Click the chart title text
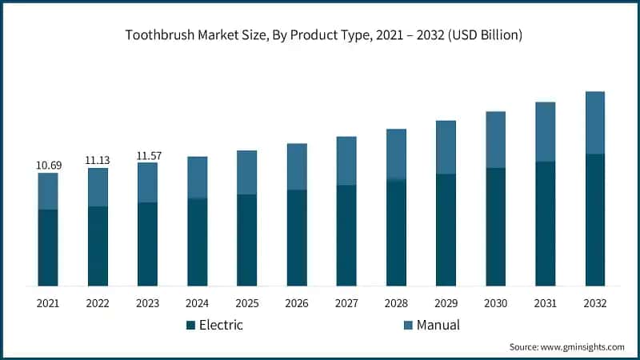pyautogui.click(x=319, y=34)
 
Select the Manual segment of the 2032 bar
pyautogui.click(x=594, y=122)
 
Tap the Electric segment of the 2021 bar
pyautogui.click(x=48, y=247)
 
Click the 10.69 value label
pyautogui.click(x=48, y=165)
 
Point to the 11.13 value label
pyautogui.click(x=98, y=160)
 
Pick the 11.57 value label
pyautogui.click(x=147, y=155)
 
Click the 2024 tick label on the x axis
pyautogui.click(x=197, y=304)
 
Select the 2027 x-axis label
pyautogui.click(x=346, y=304)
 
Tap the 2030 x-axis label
pyautogui.click(x=495, y=304)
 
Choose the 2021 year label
pyautogui.click(x=48, y=304)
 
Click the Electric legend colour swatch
pyautogui.click(x=190, y=326)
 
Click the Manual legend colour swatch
pyautogui.click(x=408, y=326)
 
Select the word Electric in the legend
pyautogui.click(x=221, y=326)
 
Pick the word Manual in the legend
pyautogui.click(x=438, y=326)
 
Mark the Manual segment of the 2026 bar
pyautogui.click(x=296, y=166)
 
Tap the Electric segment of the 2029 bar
pyautogui.click(x=445, y=230)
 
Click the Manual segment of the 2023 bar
pyautogui.click(x=147, y=182)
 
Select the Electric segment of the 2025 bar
pyautogui.click(x=246, y=240)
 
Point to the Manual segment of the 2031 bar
pyautogui.click(x=545, y=132)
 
